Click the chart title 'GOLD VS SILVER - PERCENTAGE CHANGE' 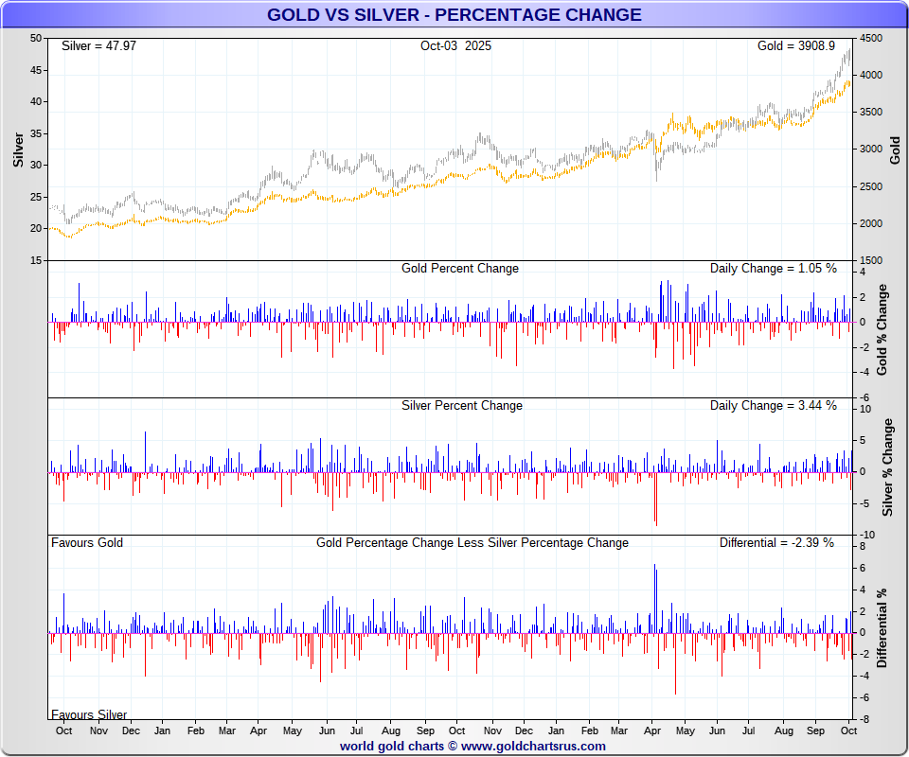(454, 14)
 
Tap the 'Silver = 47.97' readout (98, 45)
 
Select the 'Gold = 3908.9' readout (795, 45)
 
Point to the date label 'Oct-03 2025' (455, 45)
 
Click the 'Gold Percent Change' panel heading (460, 268)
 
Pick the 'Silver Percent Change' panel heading (461, 405)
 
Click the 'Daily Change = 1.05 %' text (773, 268)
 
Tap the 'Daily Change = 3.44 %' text (773, 405)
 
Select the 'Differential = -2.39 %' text (776, 542)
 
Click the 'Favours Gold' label (87, 542)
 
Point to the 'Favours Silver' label (89, 714)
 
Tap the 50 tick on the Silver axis (36, 39)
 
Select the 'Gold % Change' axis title (882, 328)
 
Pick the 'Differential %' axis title (882, 628)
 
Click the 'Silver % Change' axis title (887, 467)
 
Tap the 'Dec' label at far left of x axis (130, 731)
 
